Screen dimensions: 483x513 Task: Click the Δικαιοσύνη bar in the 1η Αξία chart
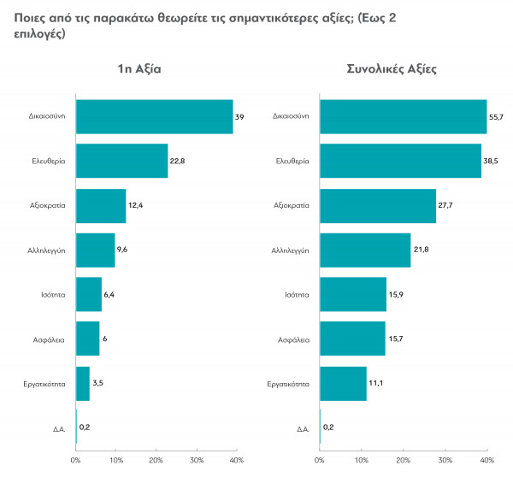pos(154,116)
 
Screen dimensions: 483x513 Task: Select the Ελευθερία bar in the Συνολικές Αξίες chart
pos(400,161)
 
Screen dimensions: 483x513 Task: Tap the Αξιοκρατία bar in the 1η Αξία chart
pos(101,205)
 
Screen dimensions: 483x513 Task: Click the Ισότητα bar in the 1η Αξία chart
pos(89,294)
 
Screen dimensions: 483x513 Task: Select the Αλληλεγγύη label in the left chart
pos(48,250)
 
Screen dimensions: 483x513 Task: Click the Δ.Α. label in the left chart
pos(59,427)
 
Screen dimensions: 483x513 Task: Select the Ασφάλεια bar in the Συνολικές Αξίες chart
pos(352,339)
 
